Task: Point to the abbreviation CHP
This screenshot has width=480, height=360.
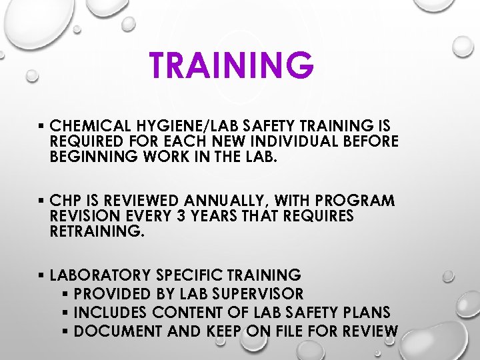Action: pyautogui.click(x=65, y=201)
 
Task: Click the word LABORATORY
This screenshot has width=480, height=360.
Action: pyautogui.click(x=101, y=275)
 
